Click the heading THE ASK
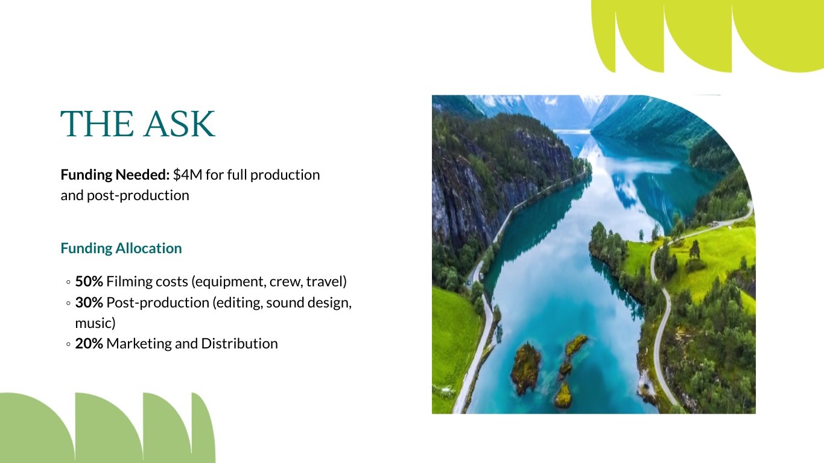(138, 124)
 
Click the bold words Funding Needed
(115, 175)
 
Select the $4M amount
(188, 175)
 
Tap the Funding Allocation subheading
(121, 248)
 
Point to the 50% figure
(89, 282)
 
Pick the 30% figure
(89, 303)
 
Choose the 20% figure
(89, 344)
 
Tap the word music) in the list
(95, 323)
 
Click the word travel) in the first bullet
(328, 282)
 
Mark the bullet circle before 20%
(69, 344)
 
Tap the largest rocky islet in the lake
(525, 367)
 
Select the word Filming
(128, 282)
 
